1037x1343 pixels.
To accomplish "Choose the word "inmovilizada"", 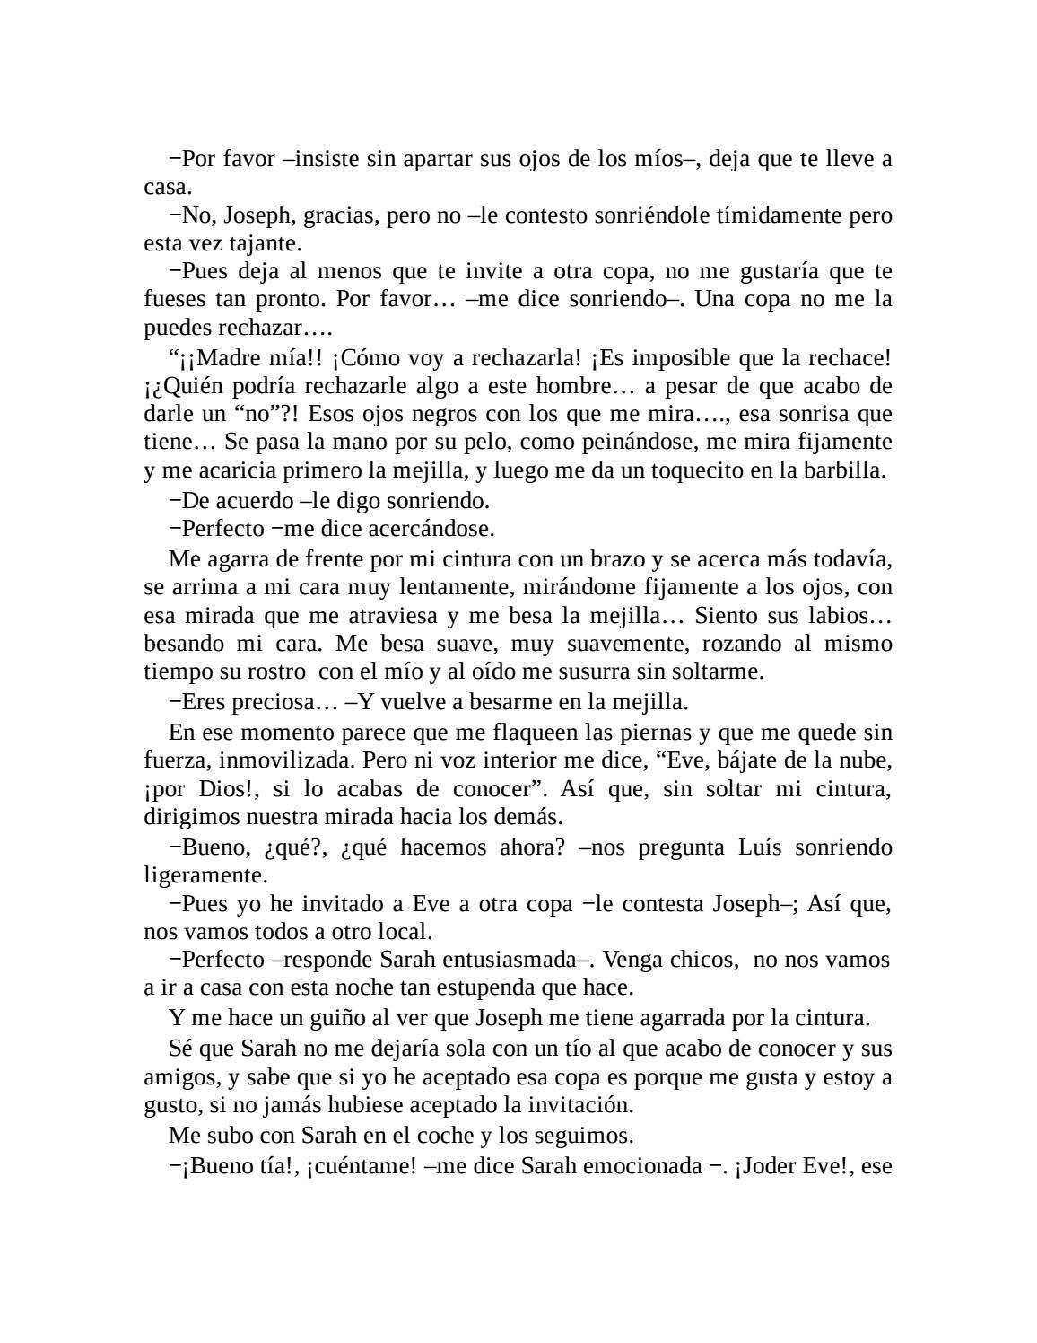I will coord(286,760).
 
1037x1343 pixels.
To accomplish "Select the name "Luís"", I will coord(766,847).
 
